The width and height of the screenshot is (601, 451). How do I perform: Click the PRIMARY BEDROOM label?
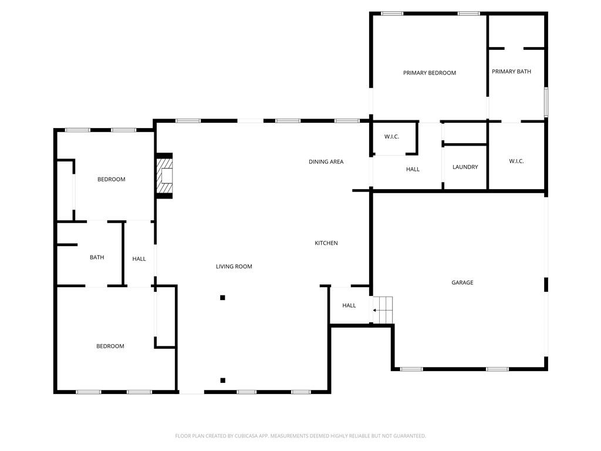click(429, 73)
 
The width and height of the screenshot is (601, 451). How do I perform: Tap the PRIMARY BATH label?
click(511, 72)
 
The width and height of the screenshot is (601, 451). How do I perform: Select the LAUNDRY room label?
click(465, 167)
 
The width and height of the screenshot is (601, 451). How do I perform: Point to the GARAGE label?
click(462, 282)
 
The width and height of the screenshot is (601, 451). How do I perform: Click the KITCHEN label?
click(326, 243)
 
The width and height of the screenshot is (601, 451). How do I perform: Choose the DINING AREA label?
click(326, 161)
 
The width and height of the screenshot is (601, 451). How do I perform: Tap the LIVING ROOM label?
click(234, 267)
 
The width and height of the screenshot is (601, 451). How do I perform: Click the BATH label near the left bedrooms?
click(97, 257)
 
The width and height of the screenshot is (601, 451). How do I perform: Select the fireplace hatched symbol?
click(164, 176)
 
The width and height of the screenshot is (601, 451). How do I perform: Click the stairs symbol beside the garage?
click(383, 309)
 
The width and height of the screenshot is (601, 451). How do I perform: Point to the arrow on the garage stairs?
click(376, 310)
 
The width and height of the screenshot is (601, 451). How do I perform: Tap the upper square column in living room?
click(222, 298)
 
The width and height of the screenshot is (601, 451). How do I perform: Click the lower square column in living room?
click(222, 381)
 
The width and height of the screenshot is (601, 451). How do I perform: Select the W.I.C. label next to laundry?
click(516, 161)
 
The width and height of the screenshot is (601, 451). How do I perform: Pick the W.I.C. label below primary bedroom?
click(391, 137)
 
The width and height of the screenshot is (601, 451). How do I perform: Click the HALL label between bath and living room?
click(139, 259)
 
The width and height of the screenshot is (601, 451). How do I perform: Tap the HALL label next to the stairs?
click(349, 305)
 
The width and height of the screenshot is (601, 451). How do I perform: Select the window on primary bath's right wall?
click(546, 102)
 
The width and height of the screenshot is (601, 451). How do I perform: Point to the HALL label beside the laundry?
click(413, 169)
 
